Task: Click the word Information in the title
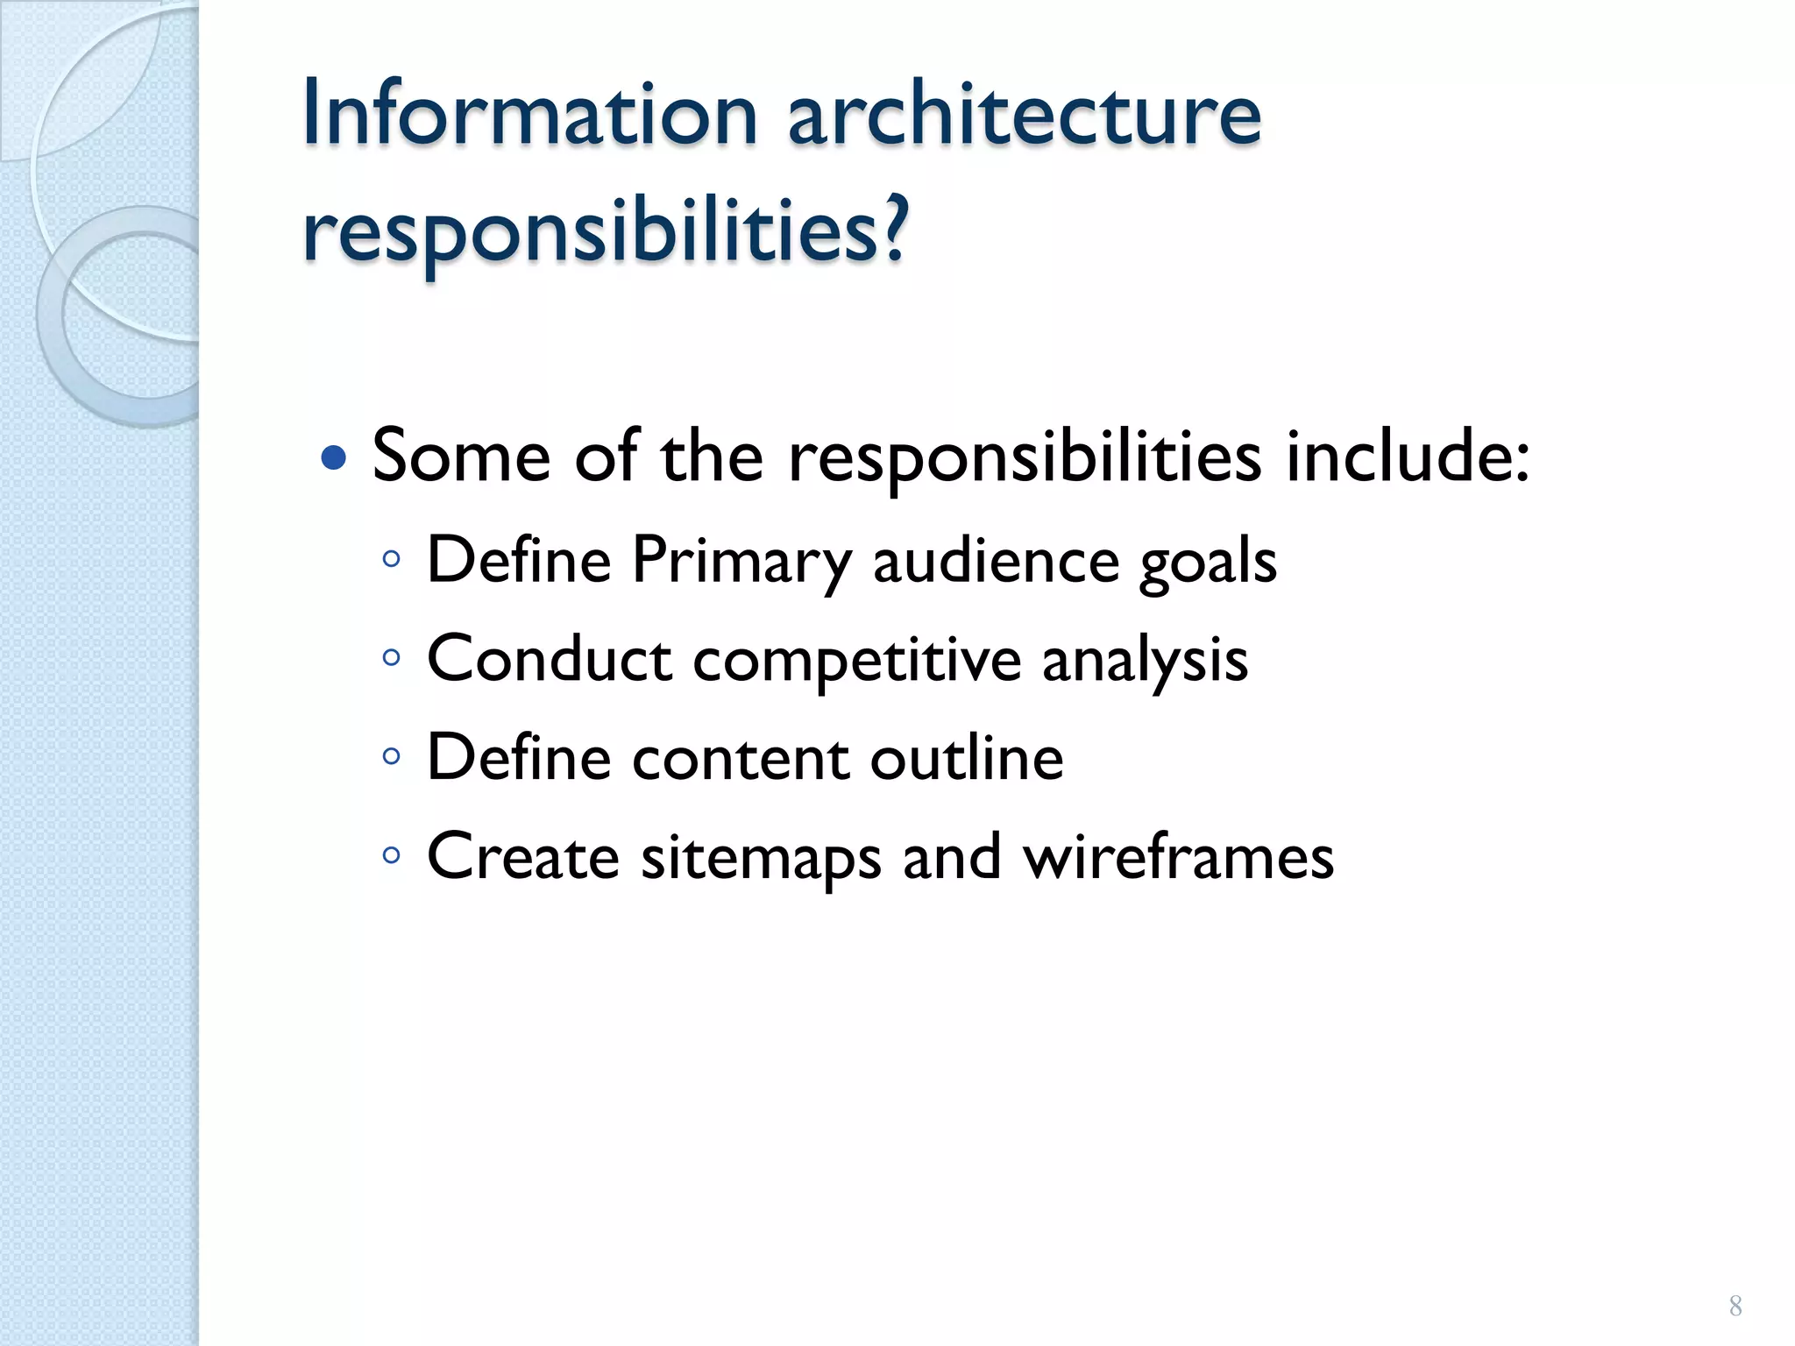point(529,114)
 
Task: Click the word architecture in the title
point(1024,114)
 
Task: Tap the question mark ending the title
point(893,230)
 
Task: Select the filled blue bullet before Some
point(334,457)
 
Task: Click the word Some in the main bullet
point(461,456)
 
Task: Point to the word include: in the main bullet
point(1408,456)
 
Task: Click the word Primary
point(741,561)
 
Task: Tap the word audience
point(996,561)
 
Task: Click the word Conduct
point(549,659)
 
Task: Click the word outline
point(967,758)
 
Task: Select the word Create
point(523,856)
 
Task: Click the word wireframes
point(1179,856)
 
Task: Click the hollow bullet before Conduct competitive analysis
point(392,656)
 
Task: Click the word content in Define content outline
point(740,758)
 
